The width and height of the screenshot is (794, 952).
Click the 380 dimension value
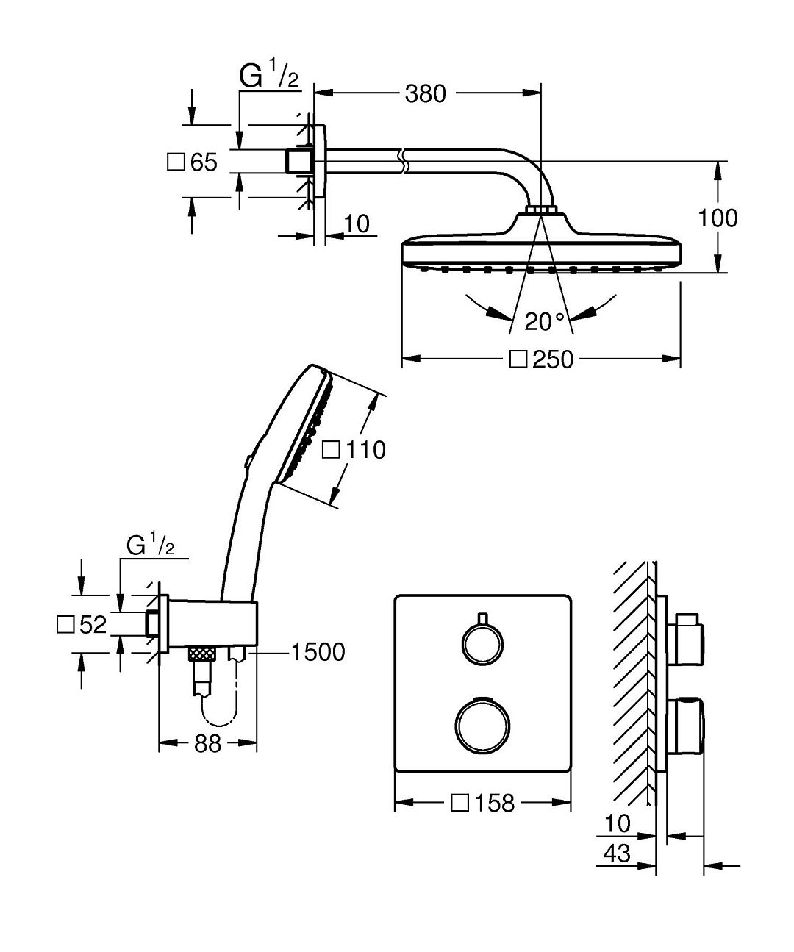pyautogui.click(x=426, y=93)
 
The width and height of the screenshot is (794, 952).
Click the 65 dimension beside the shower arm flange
pyautogui.click(x=203, y=162)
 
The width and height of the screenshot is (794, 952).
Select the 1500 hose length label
pyautogui.click(x=318, y=652)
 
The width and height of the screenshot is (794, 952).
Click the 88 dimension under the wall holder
pyautogui.click(x=208, y=744)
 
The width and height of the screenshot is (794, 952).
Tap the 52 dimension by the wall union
pyautogui.click(x=92, y=625)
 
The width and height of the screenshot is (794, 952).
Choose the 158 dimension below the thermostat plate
pyautogui.click(x=493, y=803)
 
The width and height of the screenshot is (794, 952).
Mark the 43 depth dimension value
pyautogui.click(x=616, y=853)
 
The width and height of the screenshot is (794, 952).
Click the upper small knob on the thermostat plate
pyautogui.click(x=482, y=640)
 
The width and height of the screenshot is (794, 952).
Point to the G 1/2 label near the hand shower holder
pyautogui.click(x=151, y=545)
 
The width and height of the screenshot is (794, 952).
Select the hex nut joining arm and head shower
pyautogui.click(x=543, y=211)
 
